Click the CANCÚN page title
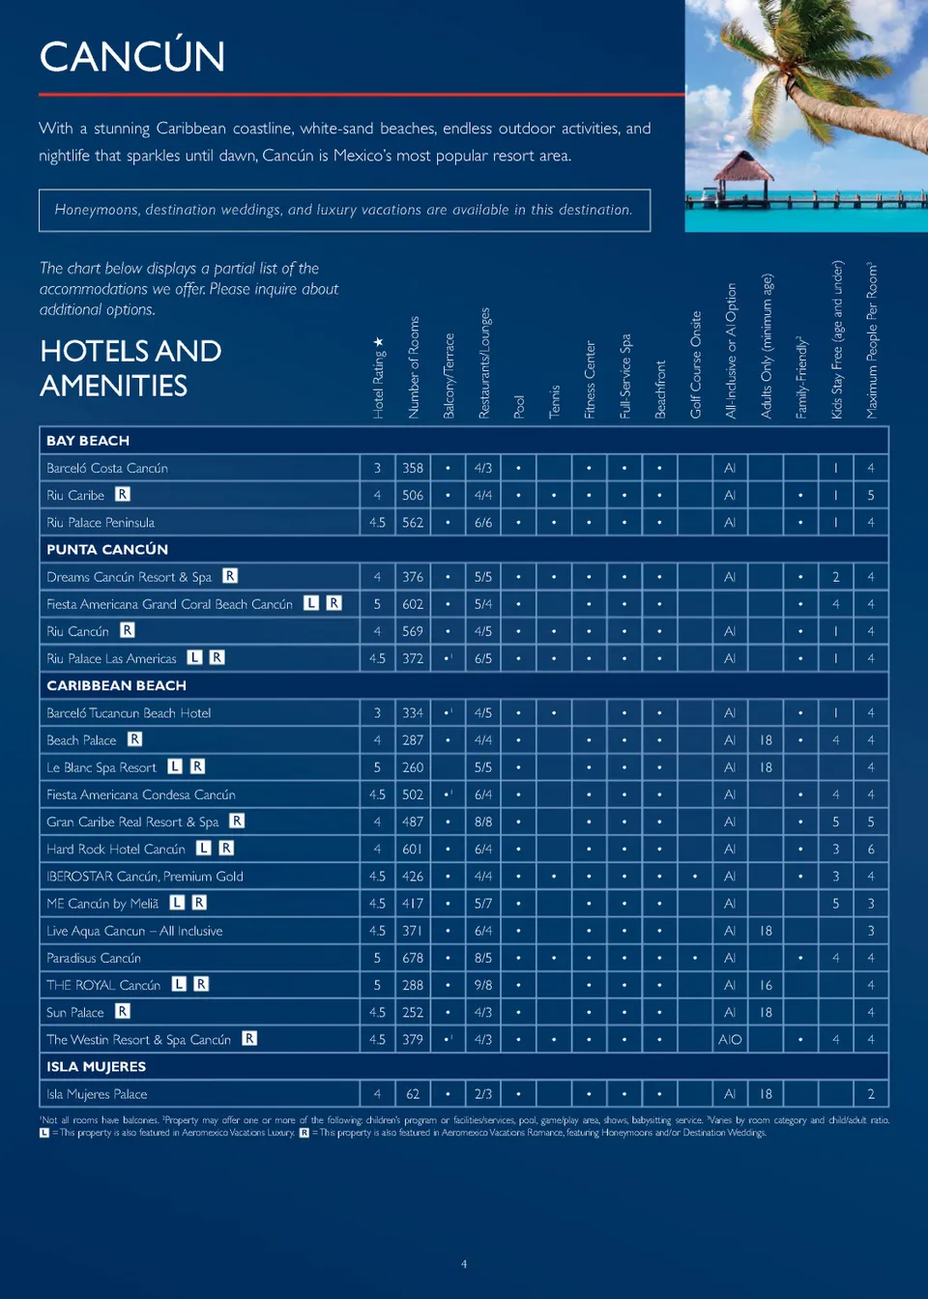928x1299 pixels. pos(132,57)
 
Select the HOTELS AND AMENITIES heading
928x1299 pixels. pos(130,368)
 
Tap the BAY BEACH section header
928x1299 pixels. pos(88,441)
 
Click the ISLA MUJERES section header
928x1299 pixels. pos(96,1066)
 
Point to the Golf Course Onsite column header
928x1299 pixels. pos(695,364)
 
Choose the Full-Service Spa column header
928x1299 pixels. pos(625,376)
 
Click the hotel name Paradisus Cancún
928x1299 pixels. pos(94,958)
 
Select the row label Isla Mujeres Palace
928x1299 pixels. pos(97,1094)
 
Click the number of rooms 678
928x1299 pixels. pos(413,958)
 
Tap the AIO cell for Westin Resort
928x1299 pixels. pos(730,1040)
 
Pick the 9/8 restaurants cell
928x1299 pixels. pos(483,985)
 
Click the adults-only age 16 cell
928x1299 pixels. pos(766,985)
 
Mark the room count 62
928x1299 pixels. pos(413,1094)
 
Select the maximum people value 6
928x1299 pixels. pos(871,849)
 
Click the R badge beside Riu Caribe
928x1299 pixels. pos(123,495)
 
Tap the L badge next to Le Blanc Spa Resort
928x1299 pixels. pos(175,766)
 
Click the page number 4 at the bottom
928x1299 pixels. pos(464,1264)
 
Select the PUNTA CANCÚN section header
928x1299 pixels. pos(107,549)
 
